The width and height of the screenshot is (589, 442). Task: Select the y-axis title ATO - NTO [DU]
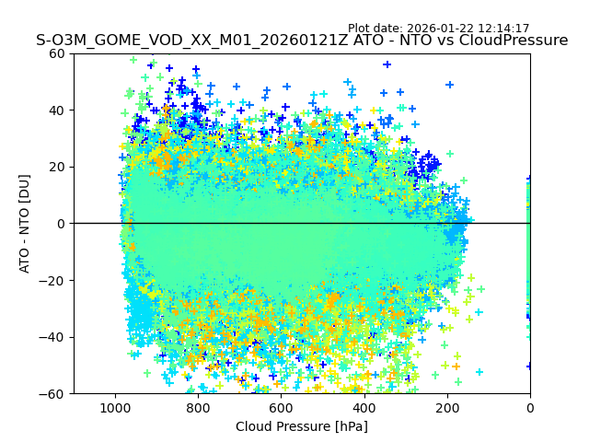(25, 224)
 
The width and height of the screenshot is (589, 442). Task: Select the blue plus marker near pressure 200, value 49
(449, 85)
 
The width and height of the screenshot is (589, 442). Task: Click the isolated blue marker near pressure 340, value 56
(387, 64)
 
